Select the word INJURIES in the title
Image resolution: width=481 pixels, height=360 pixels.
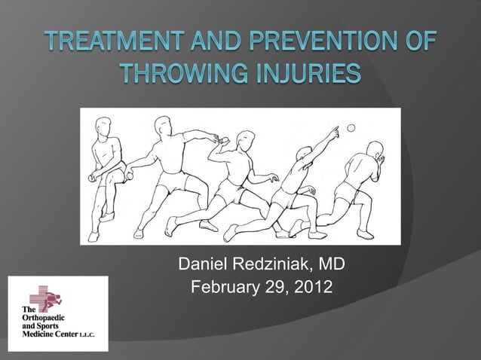tap(305, 76)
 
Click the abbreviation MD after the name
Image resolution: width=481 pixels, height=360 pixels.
tap(332, 265)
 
